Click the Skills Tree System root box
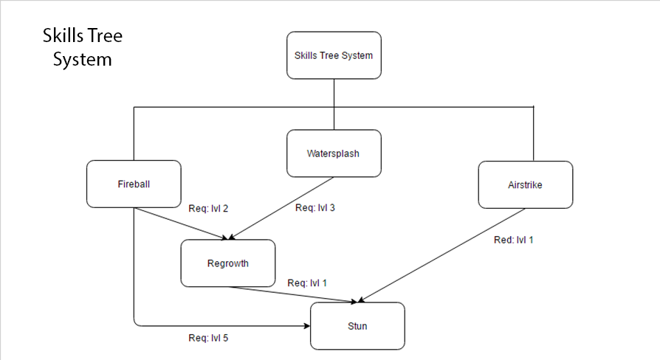(334, 55)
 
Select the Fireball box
(134, 184)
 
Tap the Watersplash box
(334, 153)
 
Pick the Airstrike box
(525, 184)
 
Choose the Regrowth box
(227, 263)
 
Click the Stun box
(357, 325)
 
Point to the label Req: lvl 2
(209, 209)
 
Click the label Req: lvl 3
(315, 207)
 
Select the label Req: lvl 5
(209, 338)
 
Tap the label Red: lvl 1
(513, 239)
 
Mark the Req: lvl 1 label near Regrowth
(307, 283)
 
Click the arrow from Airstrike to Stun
(443, 255)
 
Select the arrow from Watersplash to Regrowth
(281, 207)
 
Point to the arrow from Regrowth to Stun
(295, 294)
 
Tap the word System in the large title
(82, 60)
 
